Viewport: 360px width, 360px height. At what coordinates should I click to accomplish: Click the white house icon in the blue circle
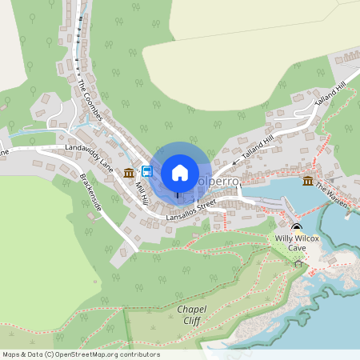(x=180, y=173)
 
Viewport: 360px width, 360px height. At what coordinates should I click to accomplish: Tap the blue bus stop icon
(x=147, y=171)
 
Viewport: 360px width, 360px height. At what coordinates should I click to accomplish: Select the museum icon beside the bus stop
(x=129, y=173)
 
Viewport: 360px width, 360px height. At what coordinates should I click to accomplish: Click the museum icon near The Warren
(x=308, y=181)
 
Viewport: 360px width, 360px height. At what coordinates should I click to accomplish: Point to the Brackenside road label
(x=91, y=192)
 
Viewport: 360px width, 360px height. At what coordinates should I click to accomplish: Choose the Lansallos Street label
(x=191, y=211)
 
